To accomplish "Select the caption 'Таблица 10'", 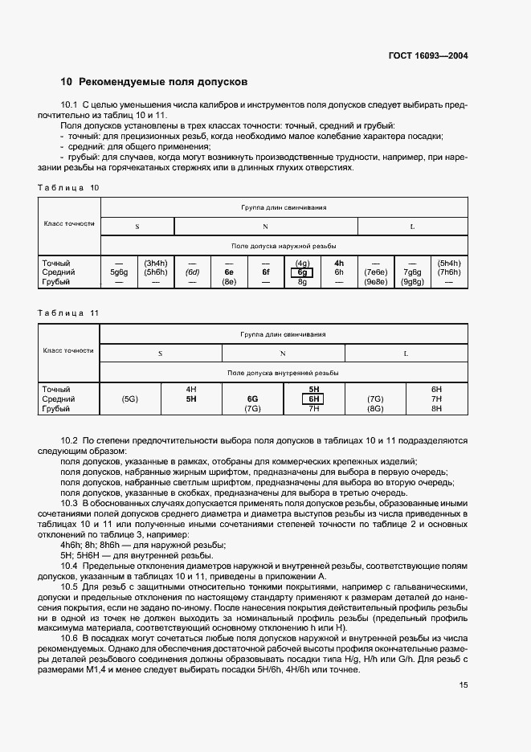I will [67, 186].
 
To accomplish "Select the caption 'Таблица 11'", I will [67, 313].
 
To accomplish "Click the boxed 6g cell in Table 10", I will [303, 272].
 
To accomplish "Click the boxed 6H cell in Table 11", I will [314, 398].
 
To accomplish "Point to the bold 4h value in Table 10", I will [338, 263].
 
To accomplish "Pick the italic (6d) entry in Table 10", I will [192, 272].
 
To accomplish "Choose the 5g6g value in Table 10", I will [119, 272].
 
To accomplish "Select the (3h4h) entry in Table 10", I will [155, 263].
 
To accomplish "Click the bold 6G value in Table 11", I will [252, 398].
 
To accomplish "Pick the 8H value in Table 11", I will [436, 408].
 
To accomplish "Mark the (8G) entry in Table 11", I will [375, 408].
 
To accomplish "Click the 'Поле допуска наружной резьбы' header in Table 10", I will [283, 246].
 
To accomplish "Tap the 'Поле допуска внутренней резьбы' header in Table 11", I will [283, 373].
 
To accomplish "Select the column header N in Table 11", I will [283, 353].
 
